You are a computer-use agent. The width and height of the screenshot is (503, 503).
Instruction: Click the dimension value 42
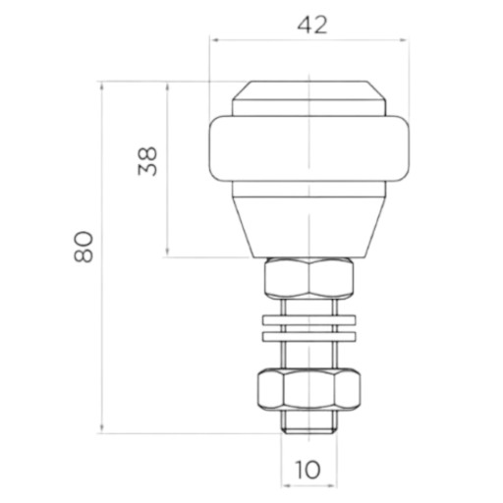tap(312, 26)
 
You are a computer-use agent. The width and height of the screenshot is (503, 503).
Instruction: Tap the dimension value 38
tap(147, 161)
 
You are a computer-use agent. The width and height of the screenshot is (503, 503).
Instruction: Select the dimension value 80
tap(84, 247)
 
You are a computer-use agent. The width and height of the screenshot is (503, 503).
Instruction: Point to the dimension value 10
tap(307, 470)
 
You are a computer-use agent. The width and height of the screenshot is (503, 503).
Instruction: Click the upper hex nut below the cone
tap(309, 278)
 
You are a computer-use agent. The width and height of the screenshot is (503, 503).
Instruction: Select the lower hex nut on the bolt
tap(308, 390)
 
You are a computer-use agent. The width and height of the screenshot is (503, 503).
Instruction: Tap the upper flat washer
tap(308, 320)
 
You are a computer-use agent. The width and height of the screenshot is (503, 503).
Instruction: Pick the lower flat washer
tap(308, 337)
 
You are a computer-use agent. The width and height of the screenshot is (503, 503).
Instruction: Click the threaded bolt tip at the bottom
tap(309, 422)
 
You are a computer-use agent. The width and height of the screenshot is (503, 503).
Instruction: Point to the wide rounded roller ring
tap(308, 147)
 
